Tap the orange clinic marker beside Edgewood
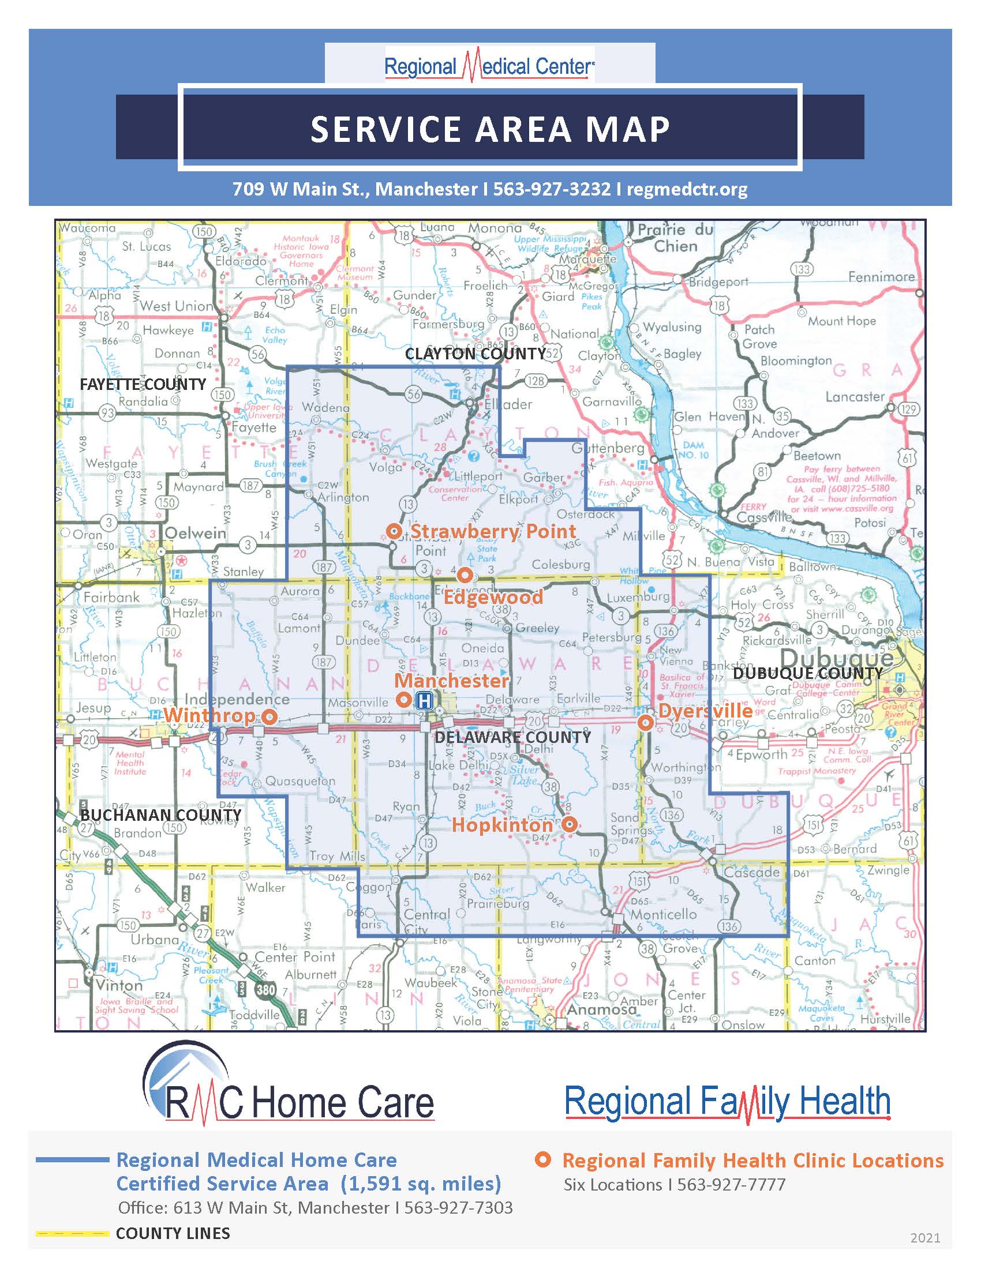coord(464,575)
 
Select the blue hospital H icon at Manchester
coord(425,701)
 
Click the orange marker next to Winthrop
coord(269,716)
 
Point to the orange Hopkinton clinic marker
coord(570,824)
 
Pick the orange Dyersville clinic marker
coord(645,723)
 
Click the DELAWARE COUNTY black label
coord(512,737)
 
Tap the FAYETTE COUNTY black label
coord(143,384)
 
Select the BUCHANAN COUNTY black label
coord(160,814)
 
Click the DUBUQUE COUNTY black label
coord(808,673)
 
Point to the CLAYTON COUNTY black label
coord(475,353)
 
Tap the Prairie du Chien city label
coord(675,238)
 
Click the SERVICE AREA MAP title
coord(490,129)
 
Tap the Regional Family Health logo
coord(728,1102)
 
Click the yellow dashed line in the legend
coord(72,1233)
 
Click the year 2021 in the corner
coord(925,1238)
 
